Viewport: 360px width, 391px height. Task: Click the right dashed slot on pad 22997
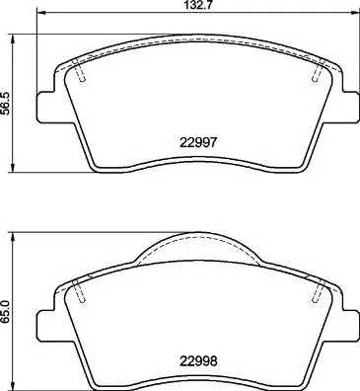[x=315, y=75]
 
